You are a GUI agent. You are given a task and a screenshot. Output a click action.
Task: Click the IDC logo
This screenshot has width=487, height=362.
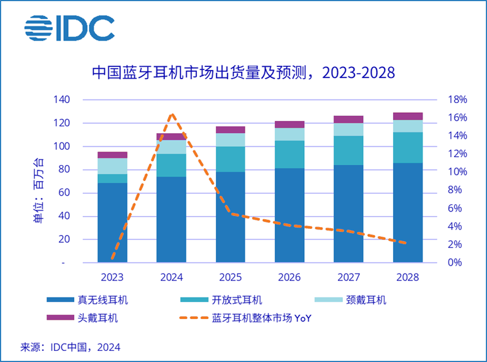[x=69, y=28]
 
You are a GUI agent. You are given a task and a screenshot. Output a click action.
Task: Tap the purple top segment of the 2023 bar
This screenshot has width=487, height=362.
[x=112, y=155]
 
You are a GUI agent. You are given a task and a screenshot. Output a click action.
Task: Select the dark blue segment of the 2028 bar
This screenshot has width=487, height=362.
[x=408, y=212]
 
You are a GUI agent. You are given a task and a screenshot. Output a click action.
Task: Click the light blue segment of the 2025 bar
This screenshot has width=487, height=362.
[x=231, y=140]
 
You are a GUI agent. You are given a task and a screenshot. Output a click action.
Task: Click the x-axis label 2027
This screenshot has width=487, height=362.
[x=348, y=277]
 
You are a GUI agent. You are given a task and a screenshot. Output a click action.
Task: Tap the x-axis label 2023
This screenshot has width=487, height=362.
[x=112, y=277]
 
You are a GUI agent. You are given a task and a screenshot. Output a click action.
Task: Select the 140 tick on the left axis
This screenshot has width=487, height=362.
[x=63, y=99]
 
